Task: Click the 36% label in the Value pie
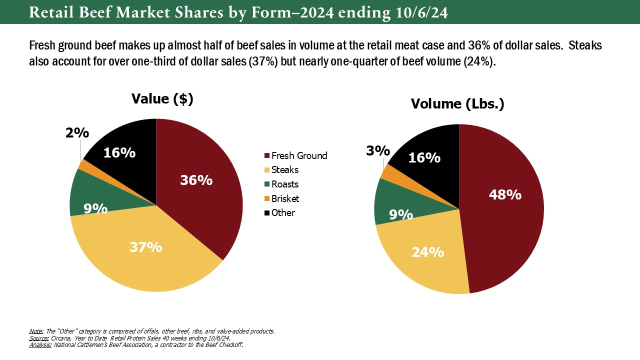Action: tap(196, 180)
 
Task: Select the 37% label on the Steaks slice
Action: tap(145, 246)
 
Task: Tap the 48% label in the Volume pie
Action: tap(505, 194)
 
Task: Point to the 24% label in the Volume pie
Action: tap(427, 252)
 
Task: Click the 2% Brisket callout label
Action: tap(77, 133)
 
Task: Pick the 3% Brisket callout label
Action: tap(377, 150)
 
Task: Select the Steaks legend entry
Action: tap(285, 170)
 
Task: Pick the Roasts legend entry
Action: tap(285, 184)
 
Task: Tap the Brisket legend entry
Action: tap(285, 198)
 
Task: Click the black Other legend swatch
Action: tap(267, 213)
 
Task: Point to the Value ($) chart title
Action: tap(162, 98)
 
